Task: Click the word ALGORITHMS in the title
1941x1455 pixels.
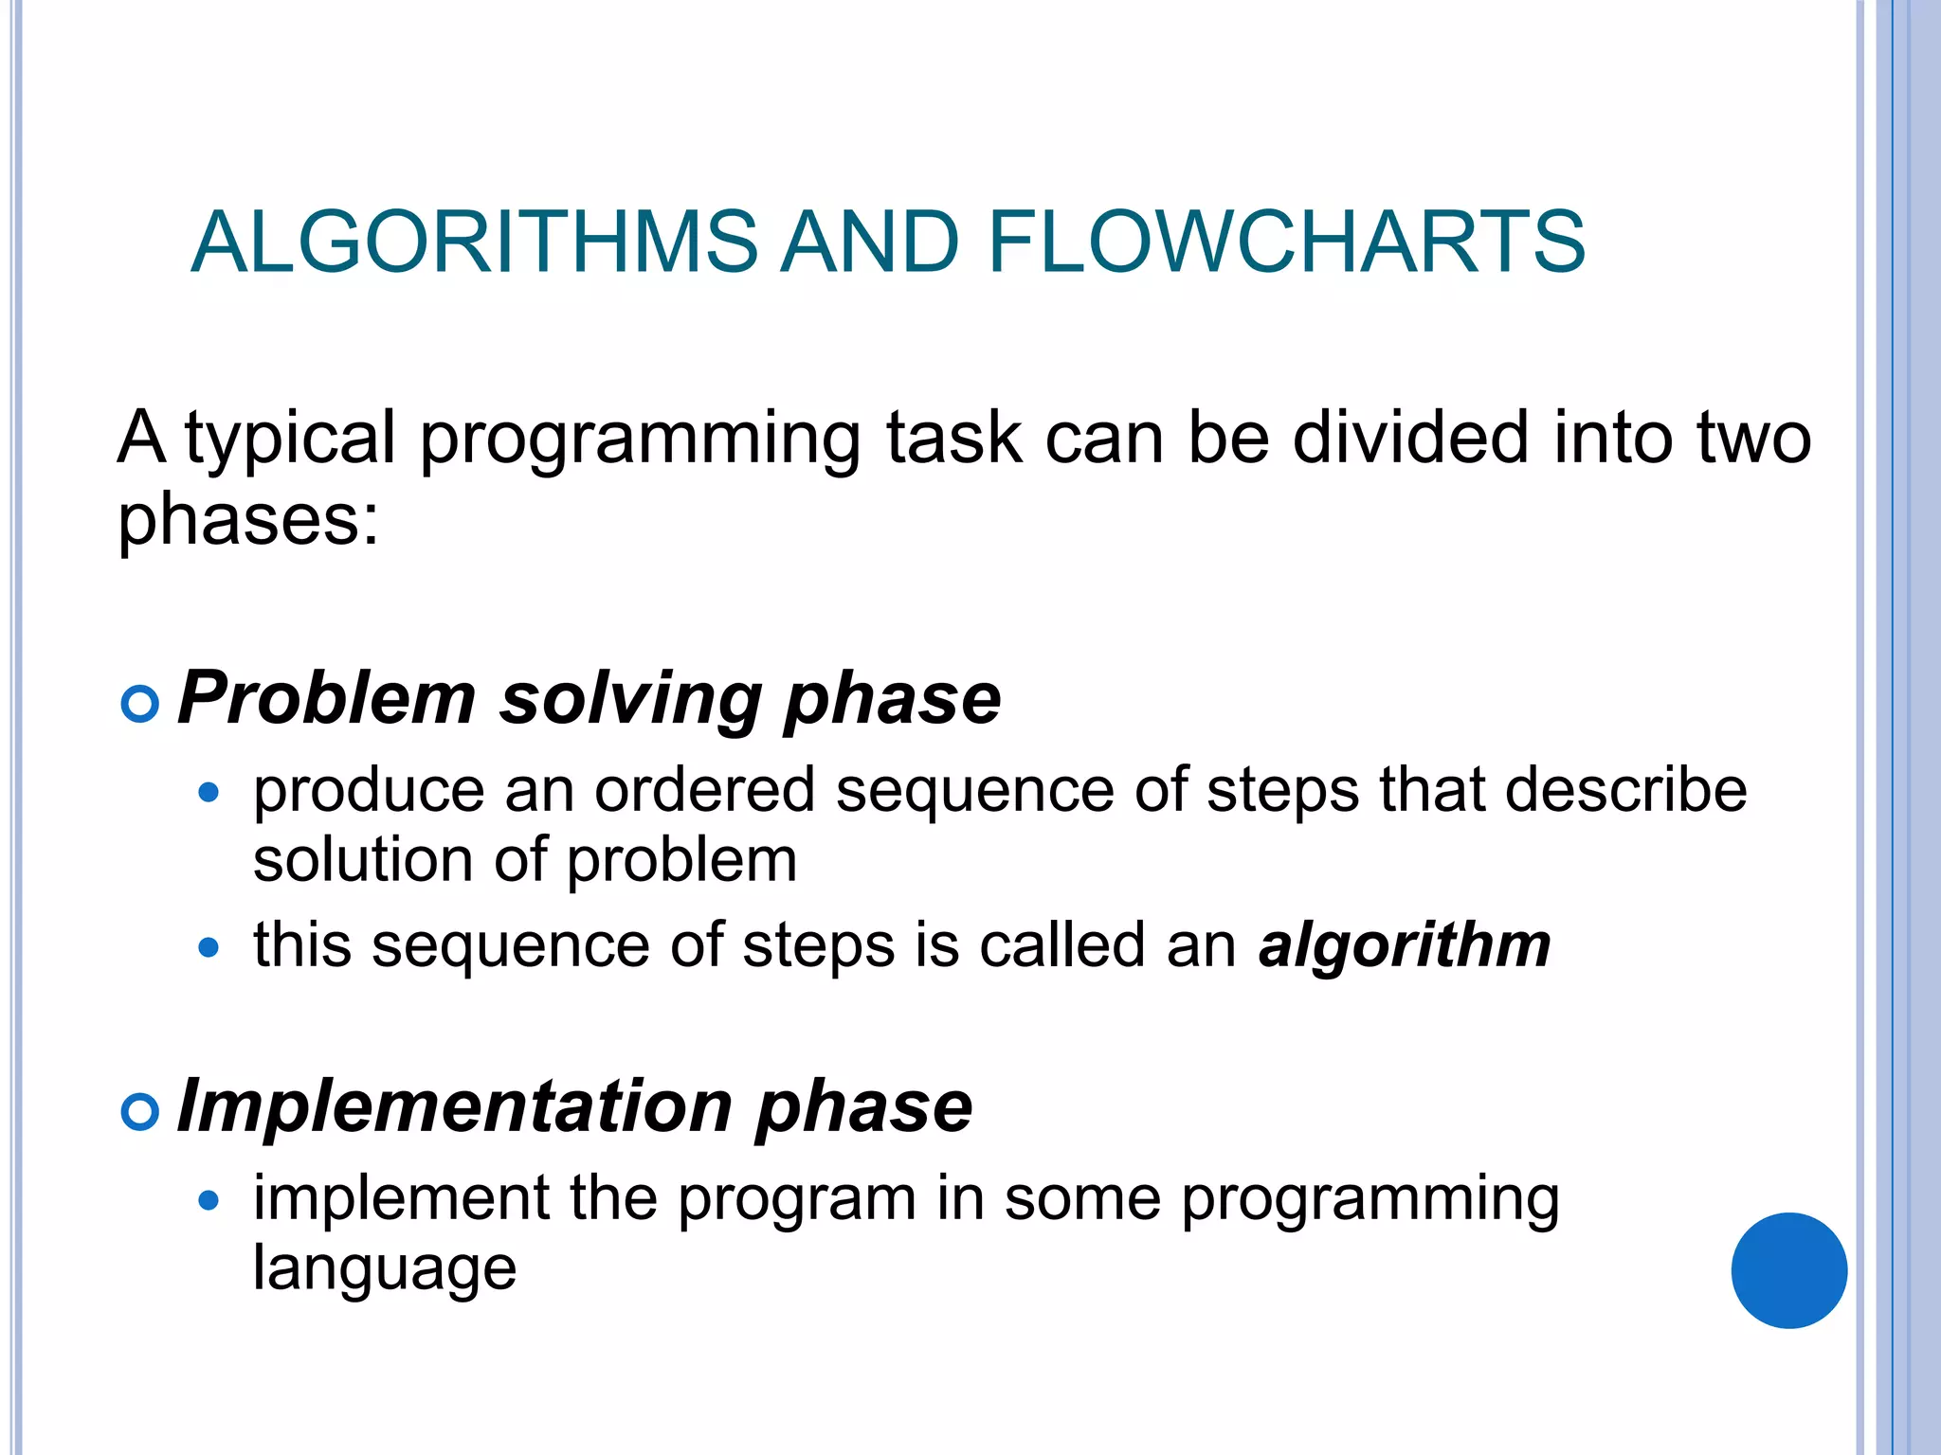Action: point(474,242)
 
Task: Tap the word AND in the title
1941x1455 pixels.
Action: point(870,242)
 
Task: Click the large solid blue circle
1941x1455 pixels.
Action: point(1788,1270)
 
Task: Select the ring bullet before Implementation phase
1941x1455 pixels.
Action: point(140,1111)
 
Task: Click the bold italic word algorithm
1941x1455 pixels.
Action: point(1404,946)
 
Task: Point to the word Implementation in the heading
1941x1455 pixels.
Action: point(454,1106)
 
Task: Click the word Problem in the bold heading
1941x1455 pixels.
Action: point(326,699)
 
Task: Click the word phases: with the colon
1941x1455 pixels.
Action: point(248,522)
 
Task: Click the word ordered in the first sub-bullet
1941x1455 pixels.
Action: point(704,790)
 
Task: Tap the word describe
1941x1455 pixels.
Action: point(1625,790)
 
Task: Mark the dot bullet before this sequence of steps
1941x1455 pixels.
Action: point(209,947)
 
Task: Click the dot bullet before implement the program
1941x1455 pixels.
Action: point(209,1201)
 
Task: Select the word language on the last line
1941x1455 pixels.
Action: point(384,1269)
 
